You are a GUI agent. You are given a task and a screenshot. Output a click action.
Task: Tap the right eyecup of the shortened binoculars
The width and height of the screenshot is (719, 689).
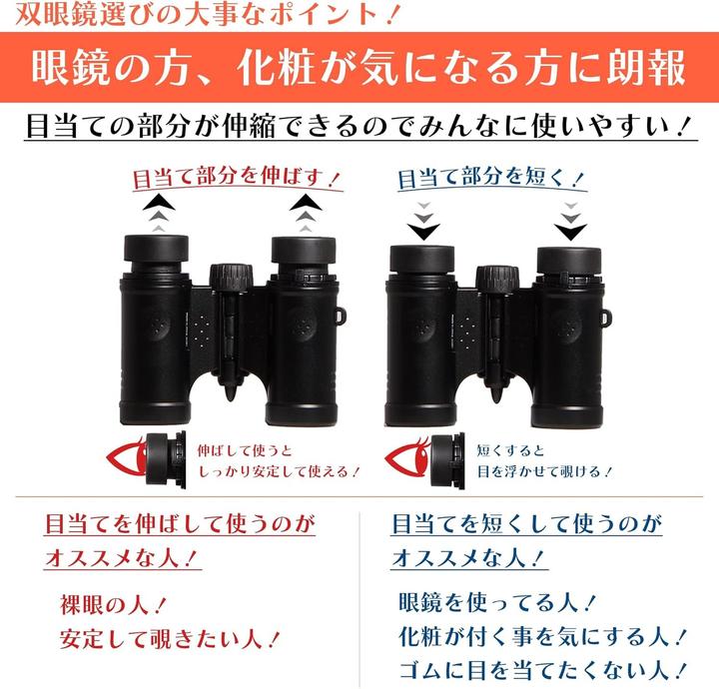pyautogui.click(x=569, y=261)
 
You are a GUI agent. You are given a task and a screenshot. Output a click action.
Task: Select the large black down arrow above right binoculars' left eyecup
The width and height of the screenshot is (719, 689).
pyautogui.click(x=423, y=231)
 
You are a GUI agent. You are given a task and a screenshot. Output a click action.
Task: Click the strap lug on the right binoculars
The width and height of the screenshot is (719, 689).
pyautogui.click(x=607, y=320)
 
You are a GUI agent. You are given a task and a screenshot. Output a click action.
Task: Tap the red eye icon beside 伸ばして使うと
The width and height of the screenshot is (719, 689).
pyautogui.click(x=125, y=458)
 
